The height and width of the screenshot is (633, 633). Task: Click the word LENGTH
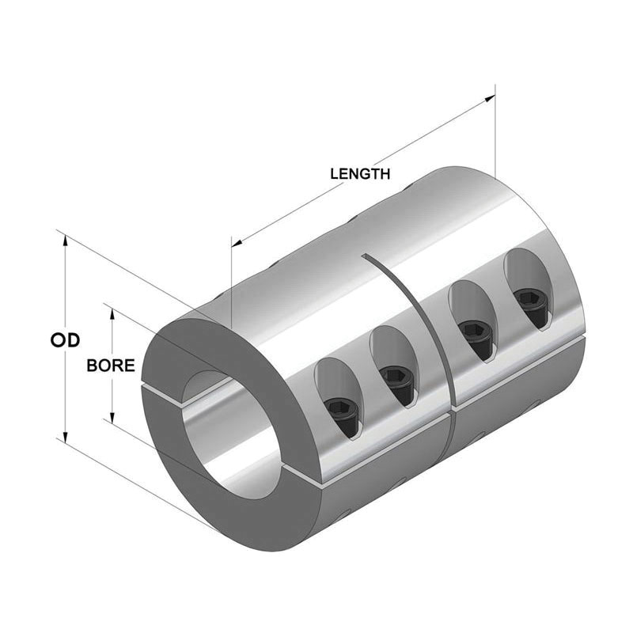360,174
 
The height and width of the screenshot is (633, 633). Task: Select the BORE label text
110,366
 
